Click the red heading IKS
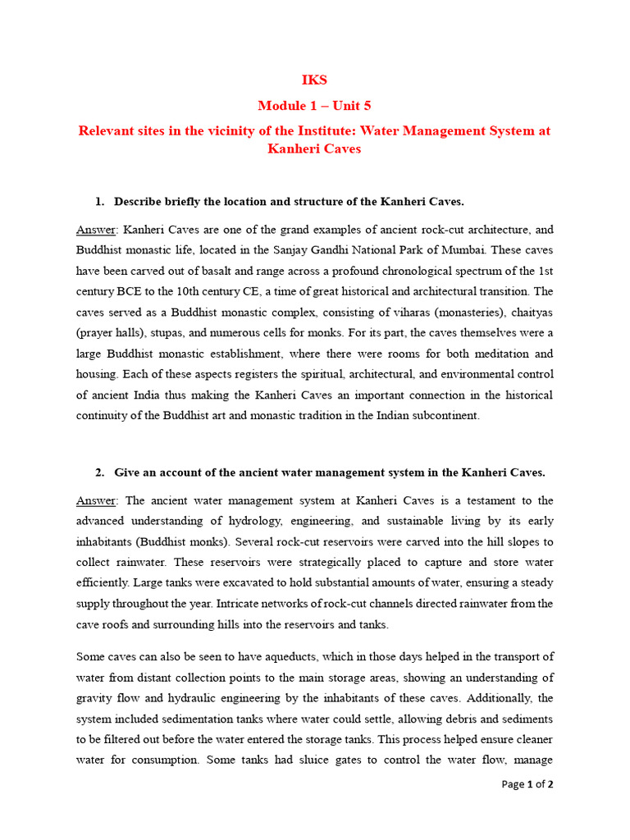[x=315, y=80]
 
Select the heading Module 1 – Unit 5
[x=315, y=106]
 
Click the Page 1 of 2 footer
[x=527, y=785]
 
